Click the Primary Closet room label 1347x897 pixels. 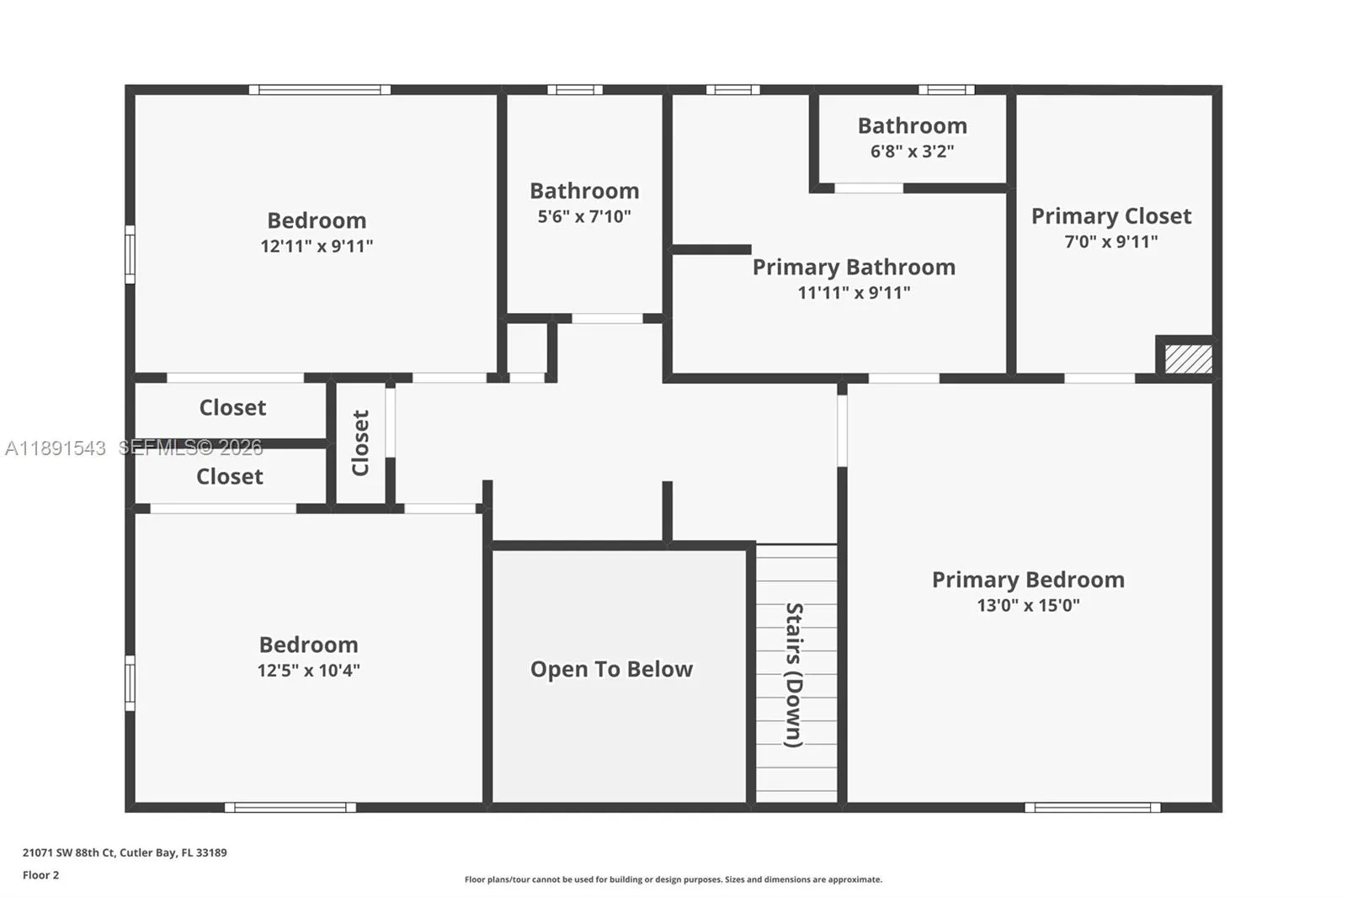(1110, 216)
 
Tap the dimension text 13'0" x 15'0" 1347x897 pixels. (1028, 605)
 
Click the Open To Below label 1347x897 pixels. (611, 669)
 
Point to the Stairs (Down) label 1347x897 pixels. (794, 675)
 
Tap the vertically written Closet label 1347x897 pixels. (360, 443)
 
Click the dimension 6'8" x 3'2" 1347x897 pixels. (912, 151)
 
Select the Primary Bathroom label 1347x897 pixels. (854, 268)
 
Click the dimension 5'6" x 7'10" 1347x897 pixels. (584, 216)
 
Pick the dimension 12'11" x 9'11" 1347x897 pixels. (317, 246)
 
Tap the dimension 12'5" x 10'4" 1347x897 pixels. (308, 671)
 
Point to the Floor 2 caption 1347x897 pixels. (40, 875)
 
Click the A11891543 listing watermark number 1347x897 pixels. (56, 448)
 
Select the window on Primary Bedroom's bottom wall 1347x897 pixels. (1092, 808)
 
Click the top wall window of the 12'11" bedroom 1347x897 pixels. (320, 89)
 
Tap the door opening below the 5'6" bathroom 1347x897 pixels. (607, 318)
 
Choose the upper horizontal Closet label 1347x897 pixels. (232, 407)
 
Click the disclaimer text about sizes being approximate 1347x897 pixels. (673, 879)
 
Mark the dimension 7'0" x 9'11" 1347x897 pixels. (1110, 241)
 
